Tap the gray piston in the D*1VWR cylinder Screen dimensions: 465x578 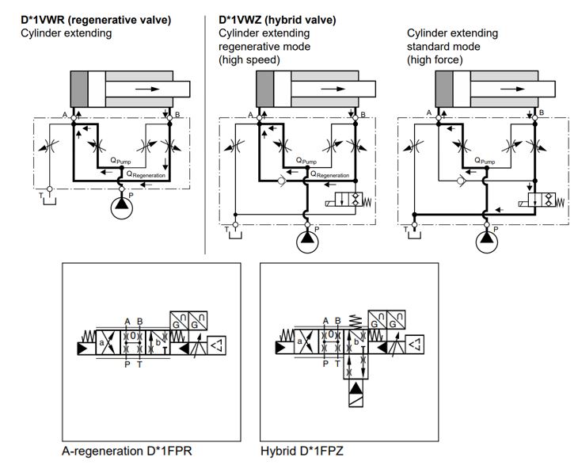[78, 88]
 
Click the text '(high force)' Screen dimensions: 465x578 [435, 59]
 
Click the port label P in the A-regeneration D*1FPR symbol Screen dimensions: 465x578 [127, 365]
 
